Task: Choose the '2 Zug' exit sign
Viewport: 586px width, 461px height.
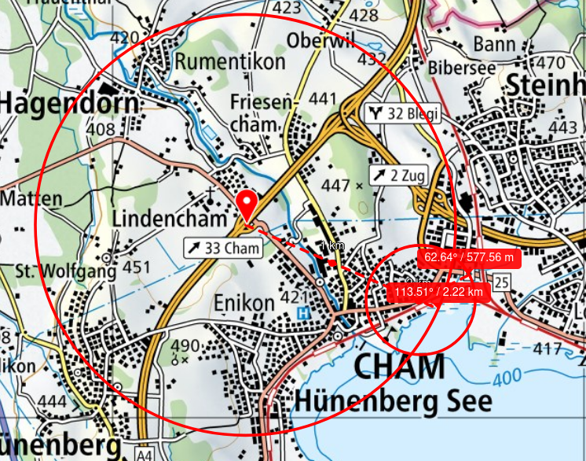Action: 398,175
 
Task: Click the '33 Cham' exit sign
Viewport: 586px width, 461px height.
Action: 223,248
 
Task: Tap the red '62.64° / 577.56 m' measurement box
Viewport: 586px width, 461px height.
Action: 469,257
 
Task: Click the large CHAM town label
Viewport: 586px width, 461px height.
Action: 398,367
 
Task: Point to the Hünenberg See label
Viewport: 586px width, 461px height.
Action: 393,401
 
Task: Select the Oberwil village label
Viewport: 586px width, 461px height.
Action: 321,40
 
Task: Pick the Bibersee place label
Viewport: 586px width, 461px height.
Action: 461,68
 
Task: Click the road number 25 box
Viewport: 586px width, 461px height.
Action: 503,282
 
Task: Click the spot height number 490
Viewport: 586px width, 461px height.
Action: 185,346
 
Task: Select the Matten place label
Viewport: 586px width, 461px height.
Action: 31,198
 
